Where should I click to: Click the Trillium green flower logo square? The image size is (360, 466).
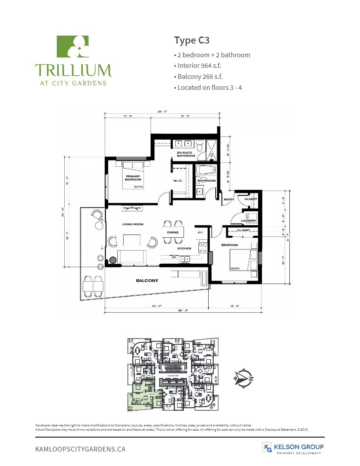(73, 46)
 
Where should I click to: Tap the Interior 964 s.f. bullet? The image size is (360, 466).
(199, 66)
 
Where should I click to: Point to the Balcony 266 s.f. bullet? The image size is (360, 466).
(200, 76)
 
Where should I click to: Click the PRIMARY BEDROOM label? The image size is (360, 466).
(133, 178)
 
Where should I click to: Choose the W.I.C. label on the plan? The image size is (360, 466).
(179, 181)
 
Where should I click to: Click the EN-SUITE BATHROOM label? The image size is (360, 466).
(185, 154)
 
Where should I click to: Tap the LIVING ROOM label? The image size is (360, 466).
(133, 224)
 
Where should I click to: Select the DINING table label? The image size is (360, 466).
(173, 232)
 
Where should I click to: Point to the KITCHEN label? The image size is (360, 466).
(184, 248)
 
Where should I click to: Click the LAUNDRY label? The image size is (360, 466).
(249, 221)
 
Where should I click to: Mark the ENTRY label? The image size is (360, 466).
(229, 200)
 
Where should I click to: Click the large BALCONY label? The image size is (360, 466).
(147, 280)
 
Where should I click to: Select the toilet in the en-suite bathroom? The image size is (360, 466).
(200, 147)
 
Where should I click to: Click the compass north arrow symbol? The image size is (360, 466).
(243, 378)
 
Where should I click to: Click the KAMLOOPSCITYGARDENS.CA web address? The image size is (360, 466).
(80, 449)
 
